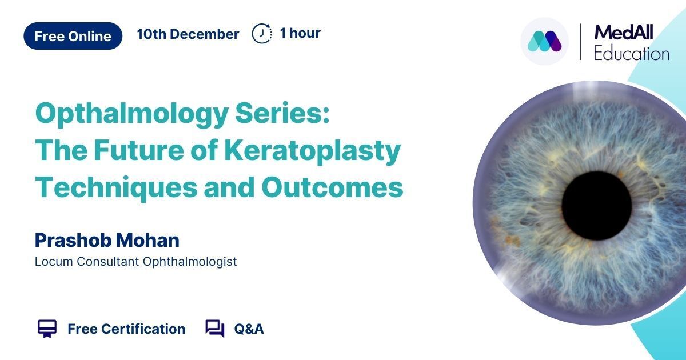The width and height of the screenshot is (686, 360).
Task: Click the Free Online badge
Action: click(73, 36)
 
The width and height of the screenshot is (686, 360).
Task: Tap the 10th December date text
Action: click(188, 34)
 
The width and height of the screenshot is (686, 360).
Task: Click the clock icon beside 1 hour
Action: click(262, 33)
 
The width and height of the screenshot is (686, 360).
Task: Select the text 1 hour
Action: click(300, 33)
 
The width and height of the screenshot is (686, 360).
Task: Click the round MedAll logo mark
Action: click(544, 41)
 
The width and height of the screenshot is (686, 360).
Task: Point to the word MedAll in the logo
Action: click(624, 33)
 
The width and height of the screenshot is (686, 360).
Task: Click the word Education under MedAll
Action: click(632, 54)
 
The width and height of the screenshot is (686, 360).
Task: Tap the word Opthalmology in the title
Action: click(131, 114)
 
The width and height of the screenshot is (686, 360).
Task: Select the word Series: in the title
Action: click(282, 113)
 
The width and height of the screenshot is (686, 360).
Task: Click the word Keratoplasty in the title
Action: click(312, 151)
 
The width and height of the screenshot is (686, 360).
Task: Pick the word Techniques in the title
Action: click(117, 187)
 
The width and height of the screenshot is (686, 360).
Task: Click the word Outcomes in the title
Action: click(332, 187)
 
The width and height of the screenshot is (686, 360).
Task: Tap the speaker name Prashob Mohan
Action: click(107, 240)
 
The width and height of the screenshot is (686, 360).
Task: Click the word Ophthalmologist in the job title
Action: click(190, 262)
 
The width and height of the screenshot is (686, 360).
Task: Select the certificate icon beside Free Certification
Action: click(47, 329)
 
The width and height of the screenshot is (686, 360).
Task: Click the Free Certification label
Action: click(126, 329)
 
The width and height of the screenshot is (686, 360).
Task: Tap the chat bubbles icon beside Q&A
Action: click(215, 329)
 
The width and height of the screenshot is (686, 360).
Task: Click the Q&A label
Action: click(249, 329)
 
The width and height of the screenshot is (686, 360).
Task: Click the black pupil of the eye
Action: click(597, 206)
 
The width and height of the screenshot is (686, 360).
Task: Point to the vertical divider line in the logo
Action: click(580, 42)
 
